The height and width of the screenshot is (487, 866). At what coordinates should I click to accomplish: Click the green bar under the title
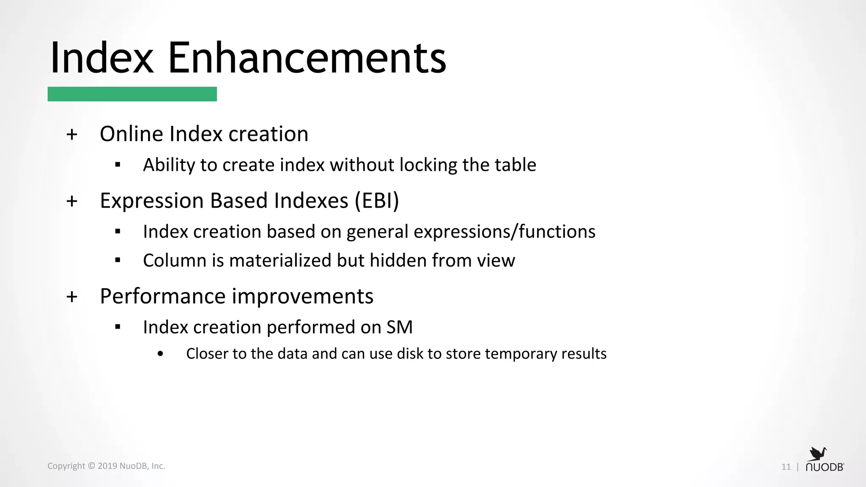[132, 94]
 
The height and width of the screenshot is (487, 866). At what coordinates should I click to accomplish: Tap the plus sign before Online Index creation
[72, 134]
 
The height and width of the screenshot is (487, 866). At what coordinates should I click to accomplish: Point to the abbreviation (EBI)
[377, 200]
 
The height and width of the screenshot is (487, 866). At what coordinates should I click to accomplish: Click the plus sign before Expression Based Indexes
[72, 201]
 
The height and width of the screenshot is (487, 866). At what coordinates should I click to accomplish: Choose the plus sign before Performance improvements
[72, 297]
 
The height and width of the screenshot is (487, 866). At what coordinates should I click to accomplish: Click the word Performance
[162, 296]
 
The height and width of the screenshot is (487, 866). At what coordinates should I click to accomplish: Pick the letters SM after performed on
[399, 327]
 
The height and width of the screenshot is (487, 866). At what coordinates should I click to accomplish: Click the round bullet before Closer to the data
[160, 354]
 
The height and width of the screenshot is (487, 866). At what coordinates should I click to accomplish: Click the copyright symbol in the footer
[91, 466]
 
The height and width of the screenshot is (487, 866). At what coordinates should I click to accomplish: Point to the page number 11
[786, 467]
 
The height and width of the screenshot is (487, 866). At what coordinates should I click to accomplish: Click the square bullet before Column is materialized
[118, 260]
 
